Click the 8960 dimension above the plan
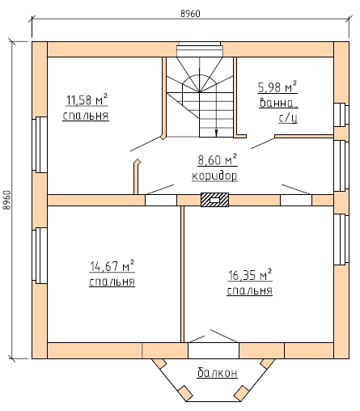(190, 14)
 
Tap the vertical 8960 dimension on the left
(7, 200)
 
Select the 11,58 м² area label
(87, 100)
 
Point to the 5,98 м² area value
(277, 87)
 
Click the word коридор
(214, 176)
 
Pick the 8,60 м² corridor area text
(218, 160)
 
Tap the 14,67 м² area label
(112, 266)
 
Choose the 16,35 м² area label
(250, 275)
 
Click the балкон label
(218, 372)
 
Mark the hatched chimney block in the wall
(214, 200)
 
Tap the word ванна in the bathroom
(279, 103)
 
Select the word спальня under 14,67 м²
(112, 282)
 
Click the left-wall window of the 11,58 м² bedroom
(40, 145)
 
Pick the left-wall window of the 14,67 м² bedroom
(40, 256)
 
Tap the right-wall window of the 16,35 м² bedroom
(341, 239)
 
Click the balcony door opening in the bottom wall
(214, 350)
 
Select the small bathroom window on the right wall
(341, 115)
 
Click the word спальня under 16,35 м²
(250, 290)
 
